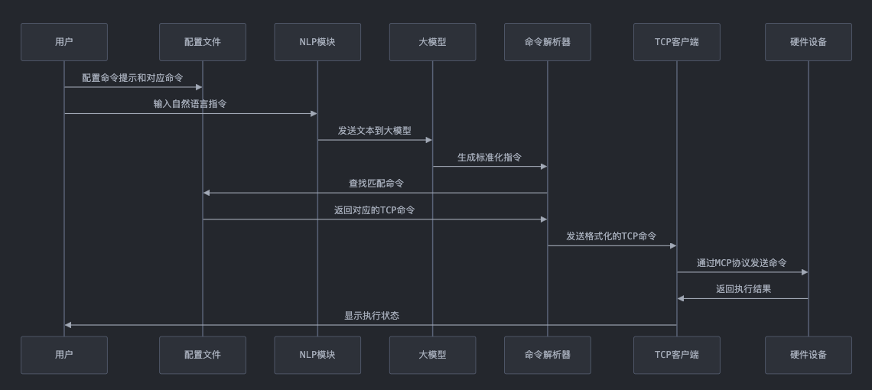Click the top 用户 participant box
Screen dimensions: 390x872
point(64,42)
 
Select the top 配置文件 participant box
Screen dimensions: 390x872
point(203,42)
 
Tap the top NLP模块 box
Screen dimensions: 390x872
point(317,42)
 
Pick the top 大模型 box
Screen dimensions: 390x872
point(432,42)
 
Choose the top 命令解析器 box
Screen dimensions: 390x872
point(548,42)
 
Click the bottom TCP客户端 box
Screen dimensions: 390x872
point(677,355)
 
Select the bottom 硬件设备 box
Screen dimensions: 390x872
point(809,355)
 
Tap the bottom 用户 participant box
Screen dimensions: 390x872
point(64,355)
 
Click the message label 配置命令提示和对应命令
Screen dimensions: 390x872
point(133,78)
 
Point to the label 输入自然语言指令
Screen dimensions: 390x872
point(190,104)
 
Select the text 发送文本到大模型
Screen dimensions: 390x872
point(375,131)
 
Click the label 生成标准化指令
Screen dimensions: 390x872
point(490,158)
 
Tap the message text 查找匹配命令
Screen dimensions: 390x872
point(376,184)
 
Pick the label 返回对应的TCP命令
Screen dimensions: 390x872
point(375,210)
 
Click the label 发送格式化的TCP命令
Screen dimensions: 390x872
point(611,236)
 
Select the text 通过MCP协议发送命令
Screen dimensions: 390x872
point(742,263)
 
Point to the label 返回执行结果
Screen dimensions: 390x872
point(743,289)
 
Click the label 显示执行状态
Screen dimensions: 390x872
point(372,316)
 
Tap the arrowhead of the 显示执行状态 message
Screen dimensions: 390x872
point(68,325)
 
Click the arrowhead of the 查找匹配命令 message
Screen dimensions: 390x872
point(207,193)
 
